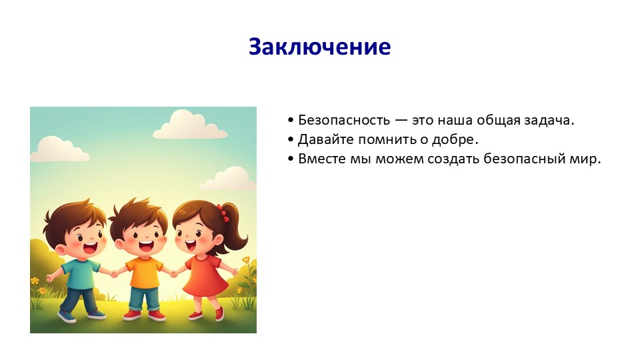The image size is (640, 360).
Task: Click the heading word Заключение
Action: click(x=319, y=47)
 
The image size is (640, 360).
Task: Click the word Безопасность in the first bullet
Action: click(x=344, y=120)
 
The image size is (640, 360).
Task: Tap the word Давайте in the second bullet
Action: click(x=326, y=139)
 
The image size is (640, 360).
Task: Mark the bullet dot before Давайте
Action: click(x=291, y=139)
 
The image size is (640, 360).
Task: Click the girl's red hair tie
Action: click(x=223, y=212)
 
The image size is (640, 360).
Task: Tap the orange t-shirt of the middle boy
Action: click(x=144, y=272)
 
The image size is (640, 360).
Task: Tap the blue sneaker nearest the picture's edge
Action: click(x=67, y=317)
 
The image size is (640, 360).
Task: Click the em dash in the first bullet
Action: click(x=401, y=121)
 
